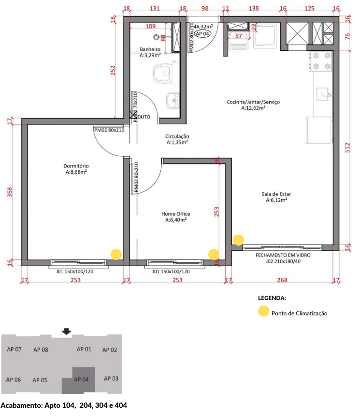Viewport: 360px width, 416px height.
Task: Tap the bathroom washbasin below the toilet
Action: [x=173, y=100]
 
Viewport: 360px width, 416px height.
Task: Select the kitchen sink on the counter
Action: [x=323, y=94]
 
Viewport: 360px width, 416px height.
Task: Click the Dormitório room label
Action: [x=76, y=169]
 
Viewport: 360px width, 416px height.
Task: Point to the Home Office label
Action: [x=176, y=217]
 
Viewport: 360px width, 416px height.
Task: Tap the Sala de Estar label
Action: [x=276, y=197]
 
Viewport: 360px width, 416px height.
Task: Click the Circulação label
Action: [x=177, y=139]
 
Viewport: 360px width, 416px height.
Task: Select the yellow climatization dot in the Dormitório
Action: [x=116, y=254]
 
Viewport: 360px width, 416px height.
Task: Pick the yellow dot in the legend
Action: [x=264, y=311]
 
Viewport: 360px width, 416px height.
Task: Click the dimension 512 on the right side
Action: [x=347, y=148]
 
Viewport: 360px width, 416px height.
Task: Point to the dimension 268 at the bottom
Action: [x=282, y=280]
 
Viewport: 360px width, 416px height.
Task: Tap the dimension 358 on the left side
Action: [x=10, y=192]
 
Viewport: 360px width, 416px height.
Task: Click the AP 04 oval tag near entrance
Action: [x=202, y=34]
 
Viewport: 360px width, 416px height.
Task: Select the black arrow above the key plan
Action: [x=66, y=331]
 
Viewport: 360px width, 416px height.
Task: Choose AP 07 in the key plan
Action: [x=14, y=349]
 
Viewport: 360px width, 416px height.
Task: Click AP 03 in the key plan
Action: [x=111, y=379]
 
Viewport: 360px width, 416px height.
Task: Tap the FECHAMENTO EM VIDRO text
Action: [x=283, y=255]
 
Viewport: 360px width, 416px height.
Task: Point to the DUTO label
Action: [x=144, y=117]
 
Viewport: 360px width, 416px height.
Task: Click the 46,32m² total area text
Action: [x=203, y=27]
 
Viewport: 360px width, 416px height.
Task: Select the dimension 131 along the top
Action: [x=155, y=8]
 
